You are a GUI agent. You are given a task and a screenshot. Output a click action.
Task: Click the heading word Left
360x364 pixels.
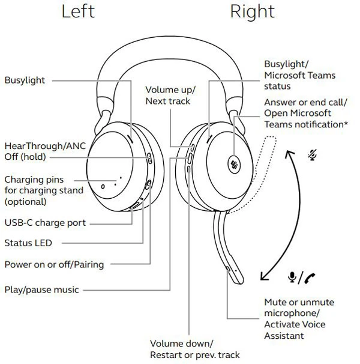78,11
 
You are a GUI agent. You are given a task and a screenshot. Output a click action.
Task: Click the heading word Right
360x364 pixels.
252,11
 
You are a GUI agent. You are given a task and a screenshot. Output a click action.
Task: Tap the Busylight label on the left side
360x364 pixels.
25,80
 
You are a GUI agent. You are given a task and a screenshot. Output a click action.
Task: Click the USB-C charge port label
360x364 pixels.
45,223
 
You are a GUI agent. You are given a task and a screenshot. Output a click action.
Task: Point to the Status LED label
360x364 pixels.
28,243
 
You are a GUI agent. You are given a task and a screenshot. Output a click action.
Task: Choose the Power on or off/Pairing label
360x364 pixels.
54,264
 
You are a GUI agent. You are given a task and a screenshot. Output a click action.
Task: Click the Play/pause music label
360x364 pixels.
41,290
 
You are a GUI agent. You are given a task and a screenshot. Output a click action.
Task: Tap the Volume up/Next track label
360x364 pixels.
170,96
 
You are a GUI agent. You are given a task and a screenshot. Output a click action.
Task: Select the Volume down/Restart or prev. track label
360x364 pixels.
194,349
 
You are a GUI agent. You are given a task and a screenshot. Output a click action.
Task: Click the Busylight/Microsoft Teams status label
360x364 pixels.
299,75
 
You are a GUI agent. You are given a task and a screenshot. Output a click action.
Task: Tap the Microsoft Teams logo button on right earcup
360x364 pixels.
233,163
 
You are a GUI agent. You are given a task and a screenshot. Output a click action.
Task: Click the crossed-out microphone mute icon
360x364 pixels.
311,154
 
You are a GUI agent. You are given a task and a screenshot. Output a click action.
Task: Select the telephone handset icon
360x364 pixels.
310,278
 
